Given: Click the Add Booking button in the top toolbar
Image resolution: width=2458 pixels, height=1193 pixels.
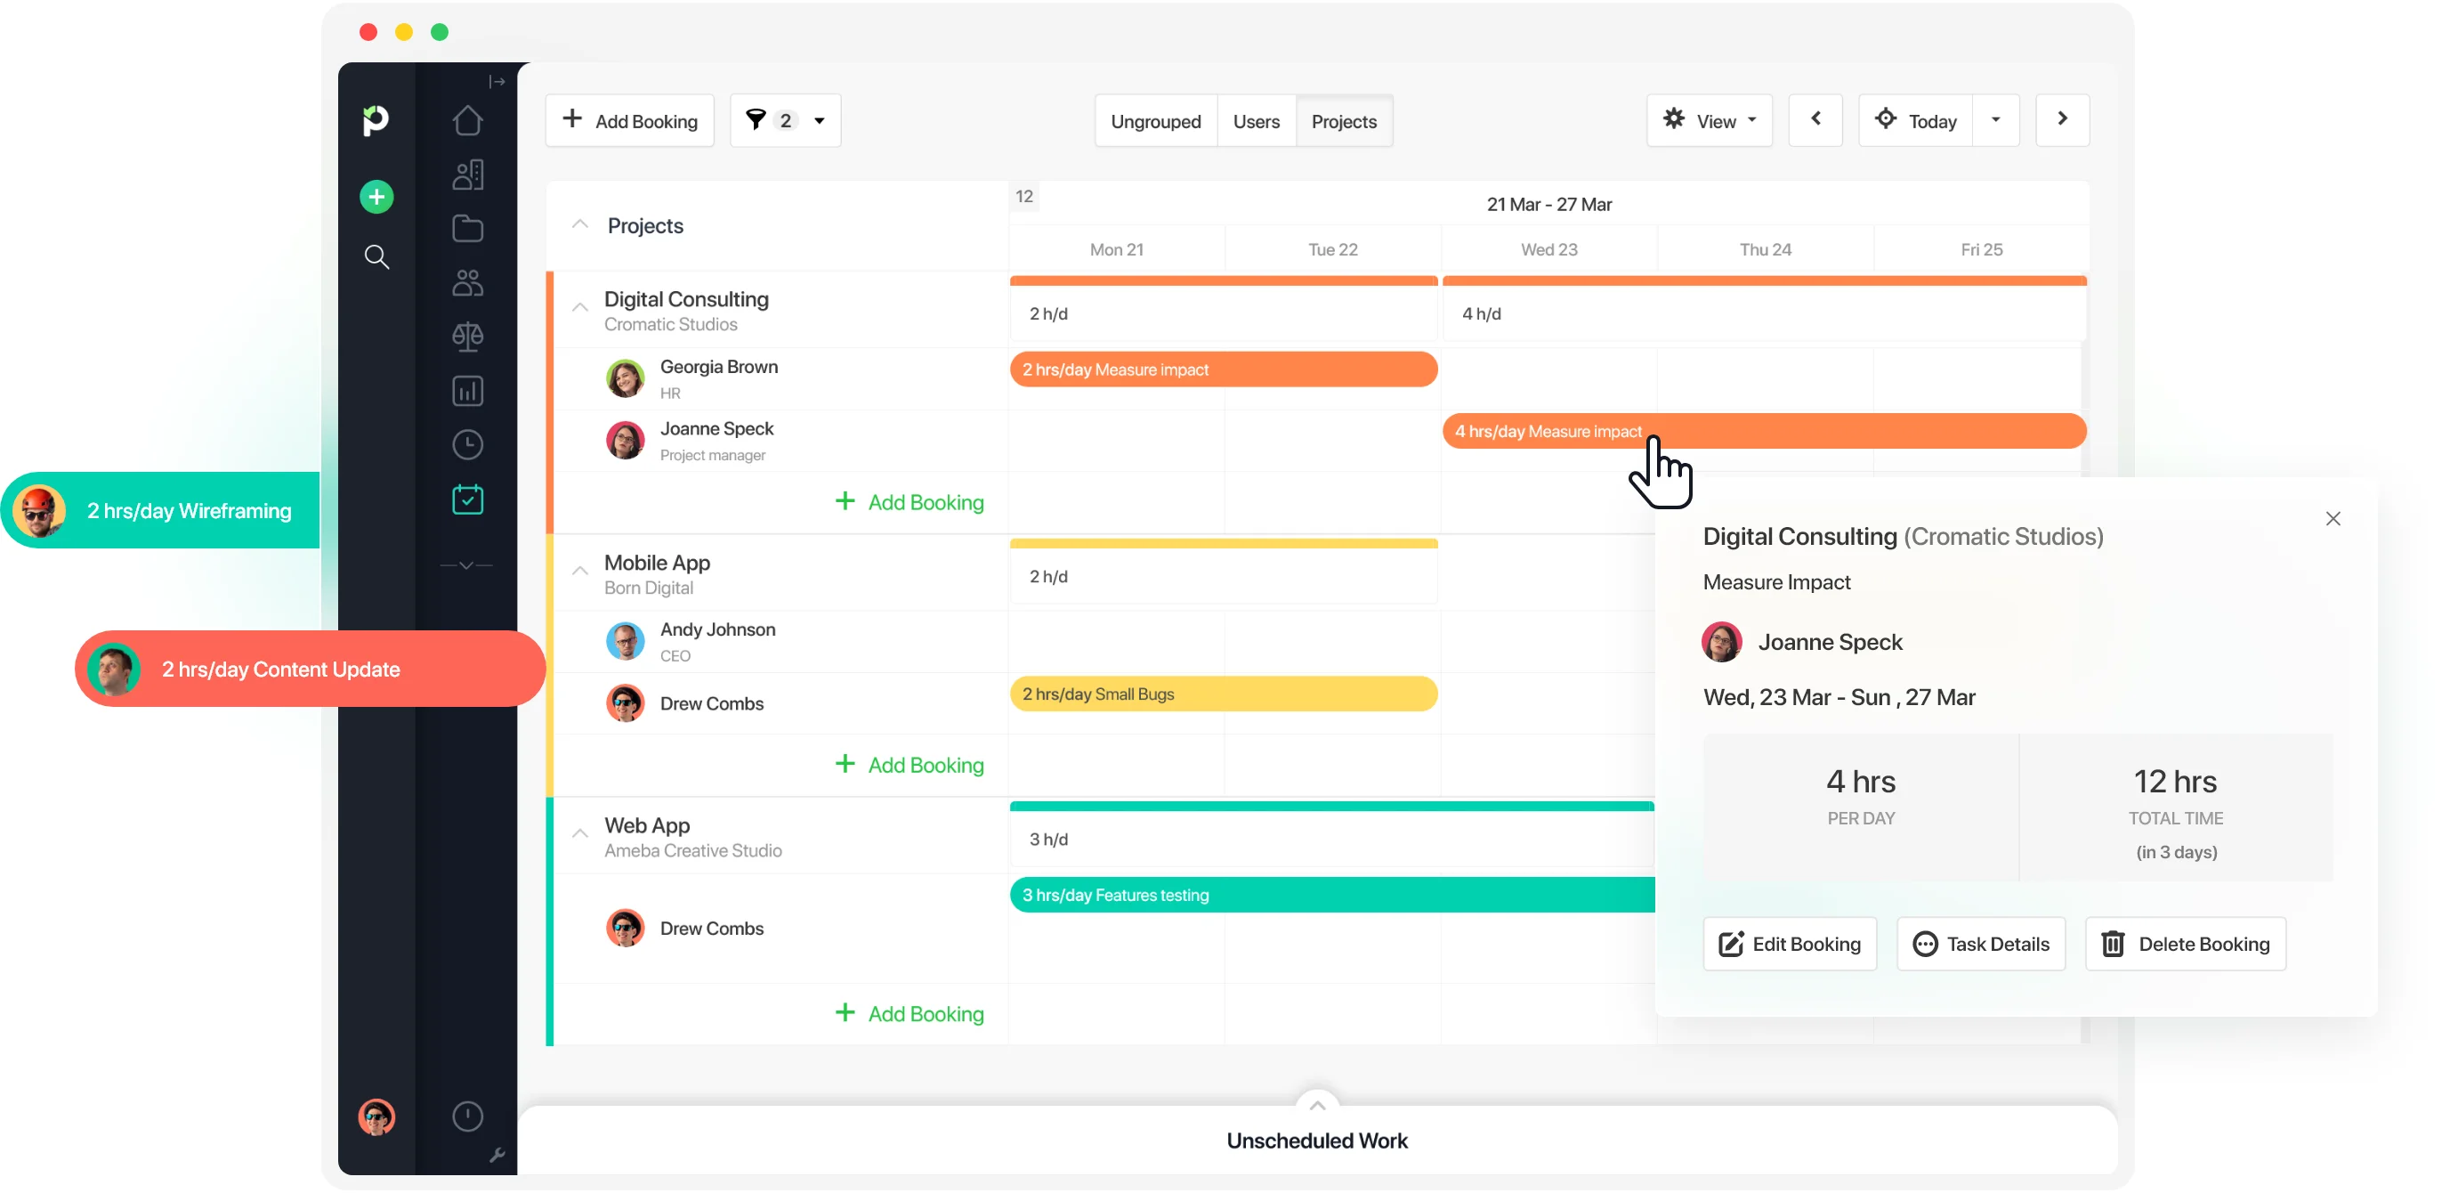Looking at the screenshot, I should click(x=630, y=121).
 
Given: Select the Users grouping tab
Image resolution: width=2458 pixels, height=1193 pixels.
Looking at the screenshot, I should click(x=1256, y=121).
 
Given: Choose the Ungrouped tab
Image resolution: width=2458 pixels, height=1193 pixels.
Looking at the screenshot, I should click(x=1154, y=121).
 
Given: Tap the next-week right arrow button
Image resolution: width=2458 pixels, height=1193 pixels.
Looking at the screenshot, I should click(x=2061, y=119).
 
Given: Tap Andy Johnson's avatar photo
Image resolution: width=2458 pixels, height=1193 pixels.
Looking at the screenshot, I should click(x=625, y=641).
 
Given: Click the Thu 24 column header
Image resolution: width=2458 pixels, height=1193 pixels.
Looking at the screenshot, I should click(x=1765, y=249).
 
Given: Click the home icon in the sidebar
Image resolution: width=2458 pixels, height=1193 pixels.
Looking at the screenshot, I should click(x=466, y=121).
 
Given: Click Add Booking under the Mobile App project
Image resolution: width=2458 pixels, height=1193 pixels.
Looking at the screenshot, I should click(x=910, y=765).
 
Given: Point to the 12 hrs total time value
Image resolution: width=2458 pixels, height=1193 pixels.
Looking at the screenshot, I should click(x=2175, y=782).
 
